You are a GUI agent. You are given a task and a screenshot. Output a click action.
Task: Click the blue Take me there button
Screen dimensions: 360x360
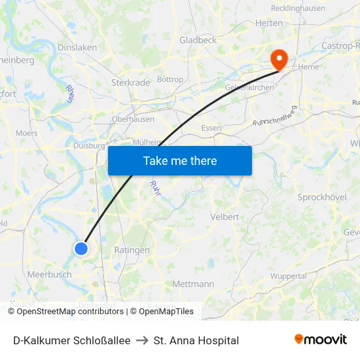[x=180, y=160]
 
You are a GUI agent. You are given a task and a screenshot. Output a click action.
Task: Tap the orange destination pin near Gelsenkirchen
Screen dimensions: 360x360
[x=279, y=60]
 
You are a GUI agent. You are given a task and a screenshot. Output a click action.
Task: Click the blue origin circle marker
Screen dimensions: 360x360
[x=81, y=248]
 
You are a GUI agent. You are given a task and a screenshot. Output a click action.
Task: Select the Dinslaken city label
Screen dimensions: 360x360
[x=77, y=48]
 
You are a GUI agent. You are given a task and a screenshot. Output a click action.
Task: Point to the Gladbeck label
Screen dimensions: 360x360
[x=198, y=41]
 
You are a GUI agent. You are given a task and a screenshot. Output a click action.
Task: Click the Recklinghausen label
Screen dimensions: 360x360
[x=298, y=9]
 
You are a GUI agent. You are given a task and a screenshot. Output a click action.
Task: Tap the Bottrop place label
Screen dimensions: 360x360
[x=170, y=80]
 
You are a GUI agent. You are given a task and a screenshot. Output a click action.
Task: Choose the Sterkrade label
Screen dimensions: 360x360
[x=131, y=83]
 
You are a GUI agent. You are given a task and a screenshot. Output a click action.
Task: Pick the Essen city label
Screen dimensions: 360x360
[x=211, y=128]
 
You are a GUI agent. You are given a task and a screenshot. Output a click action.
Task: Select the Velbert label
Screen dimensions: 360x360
[x=224, y=217]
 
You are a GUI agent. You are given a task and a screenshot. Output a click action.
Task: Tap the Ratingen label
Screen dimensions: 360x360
[x=132, y=250]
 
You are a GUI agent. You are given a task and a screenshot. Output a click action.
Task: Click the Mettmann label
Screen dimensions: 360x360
[x=193, y=284]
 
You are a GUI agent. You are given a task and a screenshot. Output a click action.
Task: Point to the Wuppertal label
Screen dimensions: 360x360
[x=289, y=276]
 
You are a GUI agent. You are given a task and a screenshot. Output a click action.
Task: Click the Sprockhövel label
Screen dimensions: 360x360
[x=321, y=197]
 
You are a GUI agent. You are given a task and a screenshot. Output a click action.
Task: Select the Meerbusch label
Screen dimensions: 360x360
[x=50, y=275]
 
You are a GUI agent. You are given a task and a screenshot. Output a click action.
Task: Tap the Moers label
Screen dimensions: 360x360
[x=27, y=133]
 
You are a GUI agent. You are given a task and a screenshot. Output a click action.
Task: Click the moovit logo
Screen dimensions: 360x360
[x=321, y=340]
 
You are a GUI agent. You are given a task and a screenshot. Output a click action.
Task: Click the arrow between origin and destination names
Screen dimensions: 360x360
[x=142, y=340]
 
